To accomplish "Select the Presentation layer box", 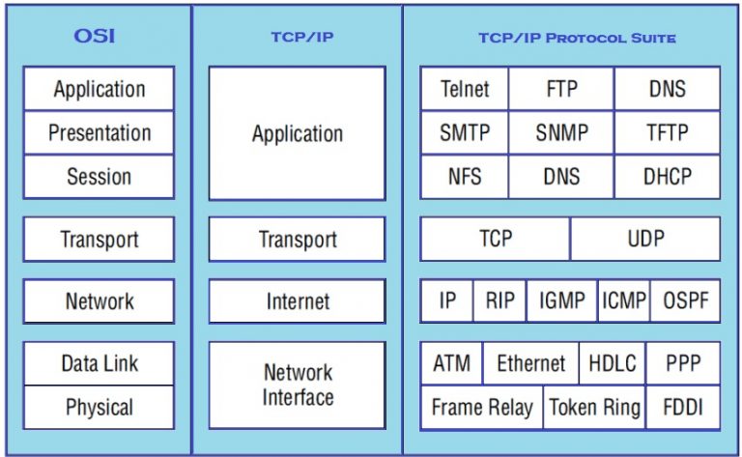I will (x=100, y=133).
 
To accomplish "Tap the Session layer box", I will (x=100, y=177).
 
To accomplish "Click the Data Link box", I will (x=100, y=363).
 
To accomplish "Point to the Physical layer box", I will (x=100, y=407).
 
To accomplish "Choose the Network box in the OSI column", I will (x=100, y=300).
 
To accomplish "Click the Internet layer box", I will (x=297, y=301).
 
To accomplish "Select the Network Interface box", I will (x=297, y=385).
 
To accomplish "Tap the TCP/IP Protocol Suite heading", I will (x=577, y=39).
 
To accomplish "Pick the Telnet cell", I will (x=465, y=89).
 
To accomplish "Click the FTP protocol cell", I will (x=561, y=89).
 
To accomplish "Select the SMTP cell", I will (x=465, y=133).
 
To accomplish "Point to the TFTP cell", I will (x=668, y=133).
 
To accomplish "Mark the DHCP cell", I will (x=668, y=177).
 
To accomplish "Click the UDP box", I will (x=645, y=239).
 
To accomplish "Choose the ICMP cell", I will (x=623, y=300).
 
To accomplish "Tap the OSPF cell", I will (x=686, y=300).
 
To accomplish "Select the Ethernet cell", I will (x=530, y=363).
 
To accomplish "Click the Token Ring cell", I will (x=594, y=408).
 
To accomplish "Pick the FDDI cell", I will (x=683, y=408).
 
